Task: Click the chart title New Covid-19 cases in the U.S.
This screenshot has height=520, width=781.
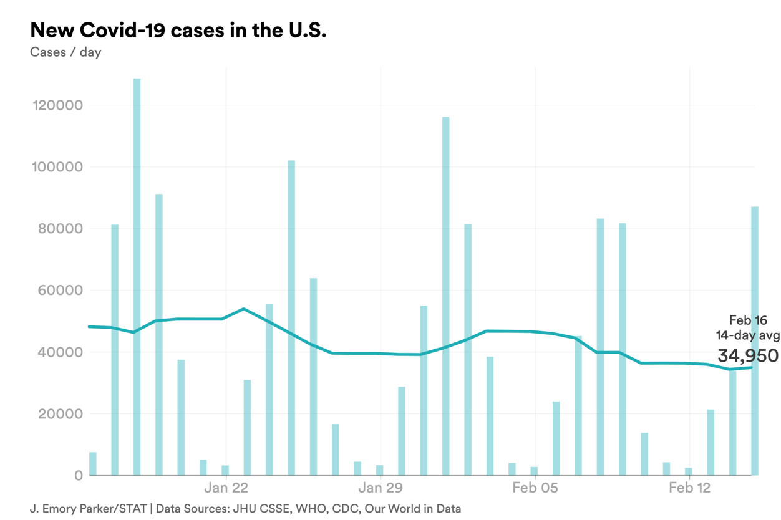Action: point(178,30)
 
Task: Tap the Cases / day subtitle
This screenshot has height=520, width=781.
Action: point(65,52)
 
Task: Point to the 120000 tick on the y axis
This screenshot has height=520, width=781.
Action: point(57,105)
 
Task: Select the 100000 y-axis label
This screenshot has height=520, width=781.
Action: point(57,167)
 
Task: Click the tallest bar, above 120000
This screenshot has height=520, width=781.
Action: point(137,274)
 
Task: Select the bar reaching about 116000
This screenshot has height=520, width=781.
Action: point(446,293)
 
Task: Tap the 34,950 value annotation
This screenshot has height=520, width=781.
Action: point(748,356)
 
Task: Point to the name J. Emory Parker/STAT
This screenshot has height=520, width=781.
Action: point(88,509)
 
